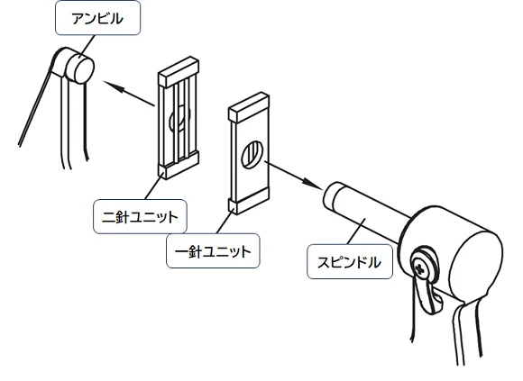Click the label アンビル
point(98,19)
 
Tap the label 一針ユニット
point(214,249)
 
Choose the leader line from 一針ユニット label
point(225,221)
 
